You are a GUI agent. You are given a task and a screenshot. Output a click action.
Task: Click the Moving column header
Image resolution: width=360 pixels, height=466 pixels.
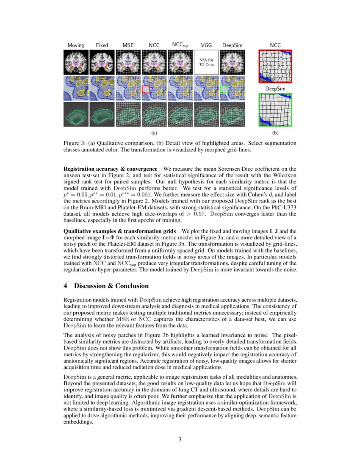click(x=76, y=45)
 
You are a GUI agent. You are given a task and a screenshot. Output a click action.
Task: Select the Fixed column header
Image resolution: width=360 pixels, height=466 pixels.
click(x=102, y=45)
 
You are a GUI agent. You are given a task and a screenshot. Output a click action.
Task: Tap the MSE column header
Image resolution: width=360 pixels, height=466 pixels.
click(x=128, y=45)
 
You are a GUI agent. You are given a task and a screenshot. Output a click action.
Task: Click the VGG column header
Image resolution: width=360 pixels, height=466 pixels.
click(x=206, y=45)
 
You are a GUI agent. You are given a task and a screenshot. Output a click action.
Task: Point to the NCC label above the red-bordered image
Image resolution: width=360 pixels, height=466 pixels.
click(x=275, y=45)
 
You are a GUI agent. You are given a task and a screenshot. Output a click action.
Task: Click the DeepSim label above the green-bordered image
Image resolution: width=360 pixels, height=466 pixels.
click(x=275, y=89)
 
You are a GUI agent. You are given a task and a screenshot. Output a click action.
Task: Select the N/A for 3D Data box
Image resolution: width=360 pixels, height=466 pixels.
click(x=206, y=63)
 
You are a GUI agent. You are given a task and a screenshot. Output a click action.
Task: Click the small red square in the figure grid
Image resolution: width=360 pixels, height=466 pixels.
click(x=146, y=89)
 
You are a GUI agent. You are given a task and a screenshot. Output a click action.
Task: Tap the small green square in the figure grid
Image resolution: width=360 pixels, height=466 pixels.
click(x=224, y=89)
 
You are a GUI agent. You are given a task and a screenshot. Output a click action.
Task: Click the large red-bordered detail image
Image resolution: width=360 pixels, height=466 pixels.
click(x=275, y=66)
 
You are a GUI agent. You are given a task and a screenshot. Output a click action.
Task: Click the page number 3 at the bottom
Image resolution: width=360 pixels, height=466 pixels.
click(x=180, y=439)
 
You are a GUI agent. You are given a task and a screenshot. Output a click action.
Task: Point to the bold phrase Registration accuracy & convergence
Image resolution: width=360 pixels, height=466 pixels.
click(x=110, y=169)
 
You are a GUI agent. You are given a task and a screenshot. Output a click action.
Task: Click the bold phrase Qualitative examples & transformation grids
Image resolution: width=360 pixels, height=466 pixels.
click(x=120, y=231)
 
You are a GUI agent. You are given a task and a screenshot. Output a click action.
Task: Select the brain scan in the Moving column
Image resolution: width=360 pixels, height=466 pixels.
click(x=76, y=63)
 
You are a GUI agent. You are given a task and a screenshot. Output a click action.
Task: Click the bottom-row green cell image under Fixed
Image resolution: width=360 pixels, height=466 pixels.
click(x=102, y=115)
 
